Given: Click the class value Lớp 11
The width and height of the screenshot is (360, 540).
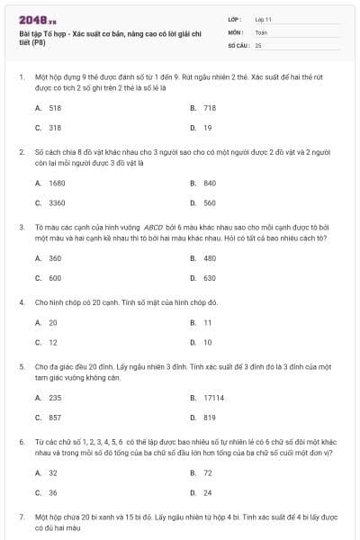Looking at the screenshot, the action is [263, 19].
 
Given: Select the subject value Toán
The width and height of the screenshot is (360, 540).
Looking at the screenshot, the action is [261, 31].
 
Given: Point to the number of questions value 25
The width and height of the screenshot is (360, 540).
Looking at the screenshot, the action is [258, 44].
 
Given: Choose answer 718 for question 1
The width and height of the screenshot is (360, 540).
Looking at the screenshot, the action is [210, 108].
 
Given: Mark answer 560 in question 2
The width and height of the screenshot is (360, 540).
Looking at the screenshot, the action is [210, 202].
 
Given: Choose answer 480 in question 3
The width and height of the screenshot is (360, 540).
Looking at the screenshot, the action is [210, 258].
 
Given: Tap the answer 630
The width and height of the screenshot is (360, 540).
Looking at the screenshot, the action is [210, 278].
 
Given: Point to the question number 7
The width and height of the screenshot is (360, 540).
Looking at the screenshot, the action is [22, 517].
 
